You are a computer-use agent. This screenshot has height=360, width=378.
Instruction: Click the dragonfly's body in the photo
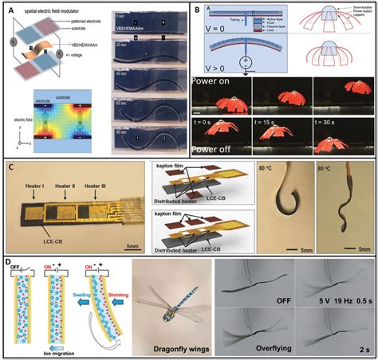167,299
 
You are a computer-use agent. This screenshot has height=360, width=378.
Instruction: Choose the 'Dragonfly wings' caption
167,347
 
